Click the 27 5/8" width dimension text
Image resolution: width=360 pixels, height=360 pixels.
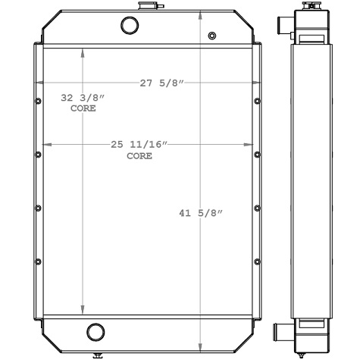(161, 83)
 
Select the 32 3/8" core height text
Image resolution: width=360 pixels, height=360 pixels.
(83, 99)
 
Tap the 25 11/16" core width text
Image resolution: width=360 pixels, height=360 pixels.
(139, 144)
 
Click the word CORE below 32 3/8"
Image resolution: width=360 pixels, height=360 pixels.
(83, 109)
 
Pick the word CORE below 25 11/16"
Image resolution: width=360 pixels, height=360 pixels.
(139, 155)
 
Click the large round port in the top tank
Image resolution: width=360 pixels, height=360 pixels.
(130, 26)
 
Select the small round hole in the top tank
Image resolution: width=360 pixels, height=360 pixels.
(211, 36)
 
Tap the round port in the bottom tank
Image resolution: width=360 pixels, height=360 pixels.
(95, 331)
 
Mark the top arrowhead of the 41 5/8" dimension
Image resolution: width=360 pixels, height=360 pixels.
(199, 17)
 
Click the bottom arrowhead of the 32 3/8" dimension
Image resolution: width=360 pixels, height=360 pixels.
(83, 310)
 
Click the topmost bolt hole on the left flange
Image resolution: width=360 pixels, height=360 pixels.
(38, 100)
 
